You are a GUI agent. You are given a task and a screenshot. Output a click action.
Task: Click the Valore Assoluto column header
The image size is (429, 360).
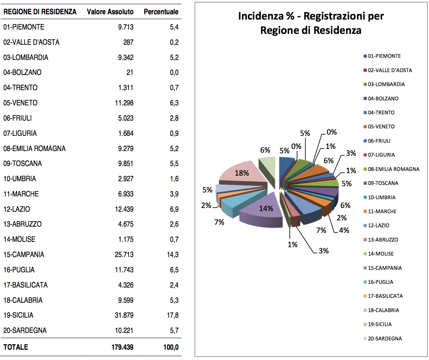[x=110, y=12]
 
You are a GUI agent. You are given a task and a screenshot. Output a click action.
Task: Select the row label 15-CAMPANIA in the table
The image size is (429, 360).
[x=24, y=255]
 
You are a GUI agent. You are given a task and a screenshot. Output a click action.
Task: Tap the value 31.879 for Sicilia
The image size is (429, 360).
[x=124, y=315]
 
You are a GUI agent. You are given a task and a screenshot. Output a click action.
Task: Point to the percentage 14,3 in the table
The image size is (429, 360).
[x=173, y=255]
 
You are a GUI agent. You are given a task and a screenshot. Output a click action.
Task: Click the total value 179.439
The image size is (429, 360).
[x=122, y=347]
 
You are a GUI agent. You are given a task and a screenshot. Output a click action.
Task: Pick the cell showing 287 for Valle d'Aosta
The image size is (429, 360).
[x=128, y=42]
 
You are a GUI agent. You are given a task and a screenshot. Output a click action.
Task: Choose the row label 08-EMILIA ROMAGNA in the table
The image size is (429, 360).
[x=34, y=149]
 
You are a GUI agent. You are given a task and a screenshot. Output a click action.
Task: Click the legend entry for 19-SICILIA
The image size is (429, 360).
[x=380, y=324]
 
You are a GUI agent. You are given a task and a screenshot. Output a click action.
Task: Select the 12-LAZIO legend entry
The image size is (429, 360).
[x=378, y=225]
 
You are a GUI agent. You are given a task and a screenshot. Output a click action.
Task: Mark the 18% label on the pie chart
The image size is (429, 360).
[x=242, y=173]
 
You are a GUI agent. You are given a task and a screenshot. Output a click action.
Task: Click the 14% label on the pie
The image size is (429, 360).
[x=266, y=208]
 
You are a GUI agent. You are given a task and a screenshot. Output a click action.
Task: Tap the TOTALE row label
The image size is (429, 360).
[x=16, y=347]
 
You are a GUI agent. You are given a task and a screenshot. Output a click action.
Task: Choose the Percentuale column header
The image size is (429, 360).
[x=161, y=12]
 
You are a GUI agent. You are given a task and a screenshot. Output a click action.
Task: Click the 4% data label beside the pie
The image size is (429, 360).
[x=344, y=230]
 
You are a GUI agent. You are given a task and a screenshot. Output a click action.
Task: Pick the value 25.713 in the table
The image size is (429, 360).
[x=124, y=255]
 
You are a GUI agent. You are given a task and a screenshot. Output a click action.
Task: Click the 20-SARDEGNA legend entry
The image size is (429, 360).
[x=385, y=339]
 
